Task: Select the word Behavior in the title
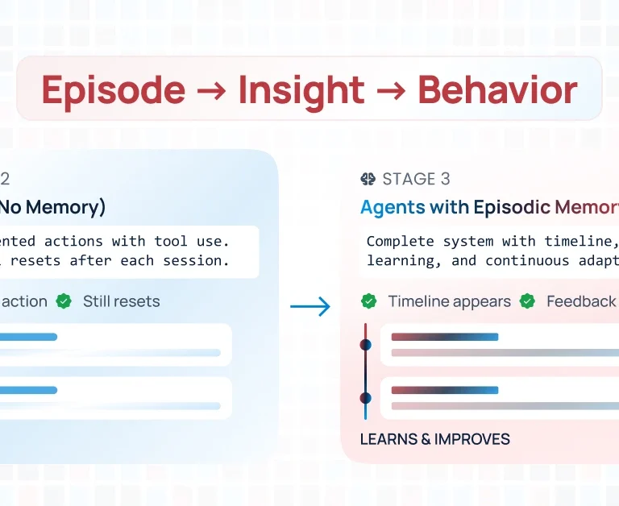point(497,90)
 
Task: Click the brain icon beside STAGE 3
point(368,179)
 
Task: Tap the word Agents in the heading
point(393,207)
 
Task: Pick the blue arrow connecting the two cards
point(310,306)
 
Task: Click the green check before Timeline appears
point(369,301)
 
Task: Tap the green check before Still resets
point(64,301)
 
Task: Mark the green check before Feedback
point(528,301)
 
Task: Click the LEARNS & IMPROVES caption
point(434,439)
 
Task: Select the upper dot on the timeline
point(365,345)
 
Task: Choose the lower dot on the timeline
point(365,398)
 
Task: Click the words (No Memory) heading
point(52,207)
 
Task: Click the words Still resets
point(121,301)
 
